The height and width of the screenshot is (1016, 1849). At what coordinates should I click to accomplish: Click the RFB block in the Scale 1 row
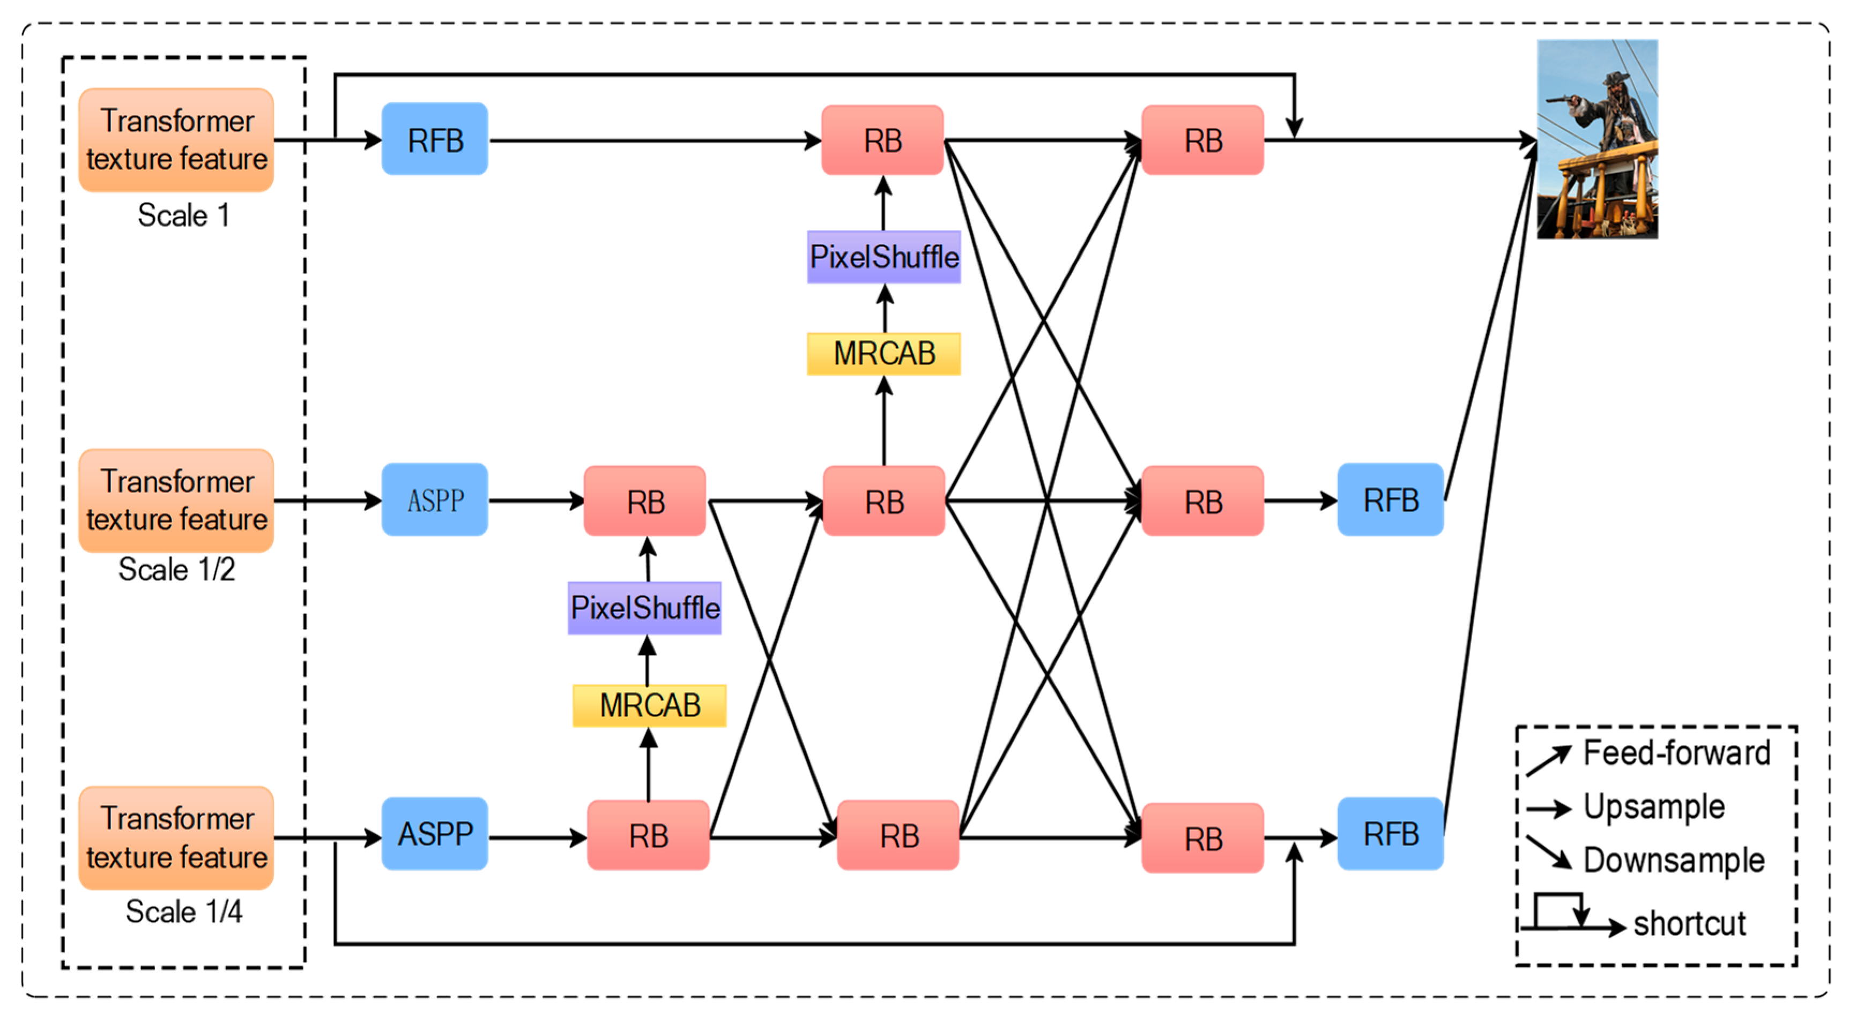434,139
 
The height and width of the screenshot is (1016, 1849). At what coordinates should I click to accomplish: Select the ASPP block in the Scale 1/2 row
434,499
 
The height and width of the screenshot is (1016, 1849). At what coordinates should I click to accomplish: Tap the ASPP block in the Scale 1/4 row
434,834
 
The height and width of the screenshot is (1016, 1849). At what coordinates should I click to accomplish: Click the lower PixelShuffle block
644,608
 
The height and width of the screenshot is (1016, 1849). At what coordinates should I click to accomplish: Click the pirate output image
1597,139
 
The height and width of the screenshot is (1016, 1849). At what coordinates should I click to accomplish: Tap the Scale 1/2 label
176,570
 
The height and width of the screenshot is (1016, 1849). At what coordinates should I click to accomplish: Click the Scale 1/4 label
184,912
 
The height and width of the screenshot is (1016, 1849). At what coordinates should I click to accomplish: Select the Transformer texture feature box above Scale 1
176,140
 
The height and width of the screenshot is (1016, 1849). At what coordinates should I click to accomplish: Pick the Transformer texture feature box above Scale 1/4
176,838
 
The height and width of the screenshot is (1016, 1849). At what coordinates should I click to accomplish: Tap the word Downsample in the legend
1673,860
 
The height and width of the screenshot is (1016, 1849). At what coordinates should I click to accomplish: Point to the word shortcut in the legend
1690,923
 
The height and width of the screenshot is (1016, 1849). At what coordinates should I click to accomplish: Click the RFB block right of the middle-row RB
1390,499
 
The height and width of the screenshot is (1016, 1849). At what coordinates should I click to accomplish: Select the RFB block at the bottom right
1390,834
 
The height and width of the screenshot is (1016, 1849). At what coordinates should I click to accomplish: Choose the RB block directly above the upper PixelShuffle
882,140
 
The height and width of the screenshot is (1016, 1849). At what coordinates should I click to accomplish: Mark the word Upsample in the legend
1654,806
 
